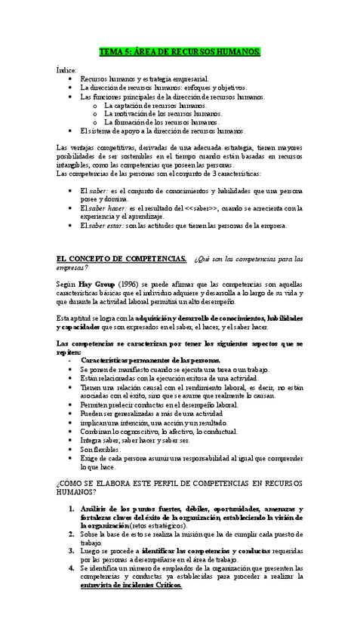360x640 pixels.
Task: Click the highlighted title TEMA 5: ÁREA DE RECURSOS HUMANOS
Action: (180, 51)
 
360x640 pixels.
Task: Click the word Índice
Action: (66, 69)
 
